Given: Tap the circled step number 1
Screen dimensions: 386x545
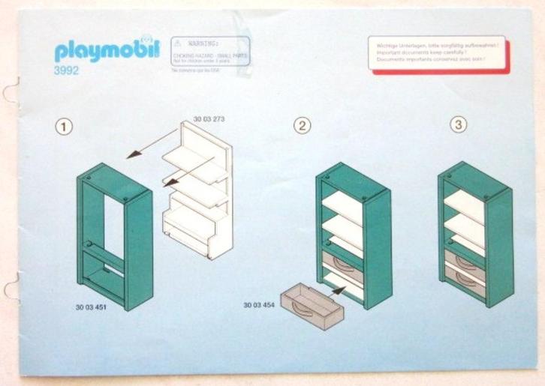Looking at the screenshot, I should click(x=65, y=127).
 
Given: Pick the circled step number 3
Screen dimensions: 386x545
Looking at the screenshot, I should click(x=458, y=125).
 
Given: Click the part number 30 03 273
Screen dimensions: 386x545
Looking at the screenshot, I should click(x=209, y=118).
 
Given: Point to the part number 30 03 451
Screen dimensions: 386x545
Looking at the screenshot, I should click(x=90, y=307).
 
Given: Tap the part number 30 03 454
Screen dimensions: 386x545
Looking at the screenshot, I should click(x=258, y=305).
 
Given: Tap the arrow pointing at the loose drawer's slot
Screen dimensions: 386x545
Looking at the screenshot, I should click(x=336, y=288).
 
